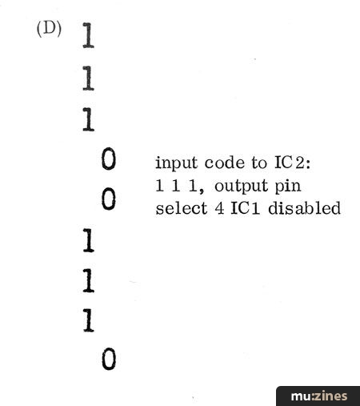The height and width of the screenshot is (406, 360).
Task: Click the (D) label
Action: (49, 29)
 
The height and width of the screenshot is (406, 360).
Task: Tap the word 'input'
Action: (176, 163)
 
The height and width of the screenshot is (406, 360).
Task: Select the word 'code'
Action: (224, 162)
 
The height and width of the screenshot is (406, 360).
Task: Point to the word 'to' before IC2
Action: (259, 163)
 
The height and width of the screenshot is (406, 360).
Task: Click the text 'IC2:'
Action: (293, 162)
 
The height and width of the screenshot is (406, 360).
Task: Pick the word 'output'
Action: (241, 186)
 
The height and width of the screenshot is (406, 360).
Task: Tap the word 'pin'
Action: (288, 185)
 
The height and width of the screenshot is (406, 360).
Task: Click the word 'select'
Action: (182, 208)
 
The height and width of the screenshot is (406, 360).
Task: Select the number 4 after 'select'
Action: (219, 208)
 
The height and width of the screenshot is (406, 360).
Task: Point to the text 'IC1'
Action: (245, 208)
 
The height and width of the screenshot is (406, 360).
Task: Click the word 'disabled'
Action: (304, 207)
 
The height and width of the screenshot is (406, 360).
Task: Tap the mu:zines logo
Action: (318, 396)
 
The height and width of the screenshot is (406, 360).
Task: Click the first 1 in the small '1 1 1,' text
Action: (159, 186)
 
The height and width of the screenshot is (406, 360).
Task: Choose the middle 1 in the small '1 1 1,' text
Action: (176, 186)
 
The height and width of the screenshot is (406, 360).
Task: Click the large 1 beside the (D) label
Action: (88, 35)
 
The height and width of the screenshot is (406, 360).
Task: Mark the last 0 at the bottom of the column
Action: (109, 359)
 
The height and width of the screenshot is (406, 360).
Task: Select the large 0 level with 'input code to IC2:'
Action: (109, 159)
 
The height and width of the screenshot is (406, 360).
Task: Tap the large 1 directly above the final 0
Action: (89, 320)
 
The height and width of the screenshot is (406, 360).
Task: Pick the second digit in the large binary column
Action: (88, 78)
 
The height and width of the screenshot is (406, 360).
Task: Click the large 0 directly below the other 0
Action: (109, 199)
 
